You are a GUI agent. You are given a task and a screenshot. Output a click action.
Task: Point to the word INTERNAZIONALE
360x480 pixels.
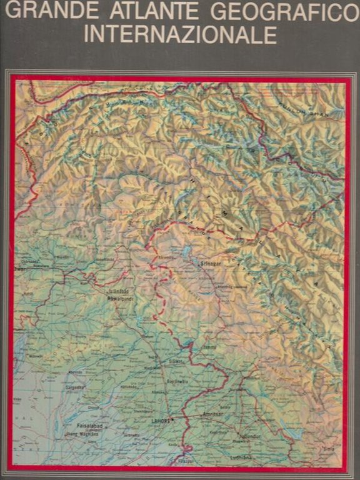(x=180, y=34)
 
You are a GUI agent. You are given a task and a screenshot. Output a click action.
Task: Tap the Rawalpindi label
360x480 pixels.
(x=121, y=299)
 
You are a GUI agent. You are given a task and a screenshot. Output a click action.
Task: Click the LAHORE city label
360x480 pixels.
(x=159, y=421)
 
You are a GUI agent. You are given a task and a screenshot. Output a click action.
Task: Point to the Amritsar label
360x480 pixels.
(x=212, y=414)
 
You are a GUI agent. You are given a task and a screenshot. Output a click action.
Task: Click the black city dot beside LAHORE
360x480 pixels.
(x=173, y=420)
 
